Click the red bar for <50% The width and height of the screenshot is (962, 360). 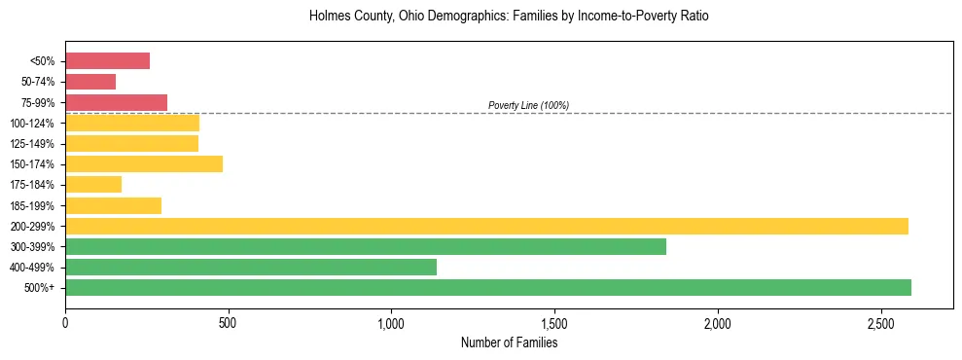click(x=107, y=61)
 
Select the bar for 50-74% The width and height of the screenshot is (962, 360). click(x=90, y=82)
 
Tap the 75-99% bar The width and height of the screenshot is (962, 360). click(x=116, y=102)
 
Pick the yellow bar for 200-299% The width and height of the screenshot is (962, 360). click(x=486, y=226)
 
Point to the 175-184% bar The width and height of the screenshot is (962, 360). click(x=93, y=184)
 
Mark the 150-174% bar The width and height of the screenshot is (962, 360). click(x=144, y=163)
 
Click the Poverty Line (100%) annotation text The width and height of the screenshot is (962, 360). click(x=528, y=105)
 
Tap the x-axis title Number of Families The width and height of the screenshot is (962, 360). click(x=509, y=342)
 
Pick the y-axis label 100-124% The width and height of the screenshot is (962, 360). click(x=33, y=123)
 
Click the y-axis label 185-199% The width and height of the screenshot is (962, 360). click(x=33, y=205)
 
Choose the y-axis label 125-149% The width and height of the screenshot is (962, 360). click(x=33, y=143)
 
